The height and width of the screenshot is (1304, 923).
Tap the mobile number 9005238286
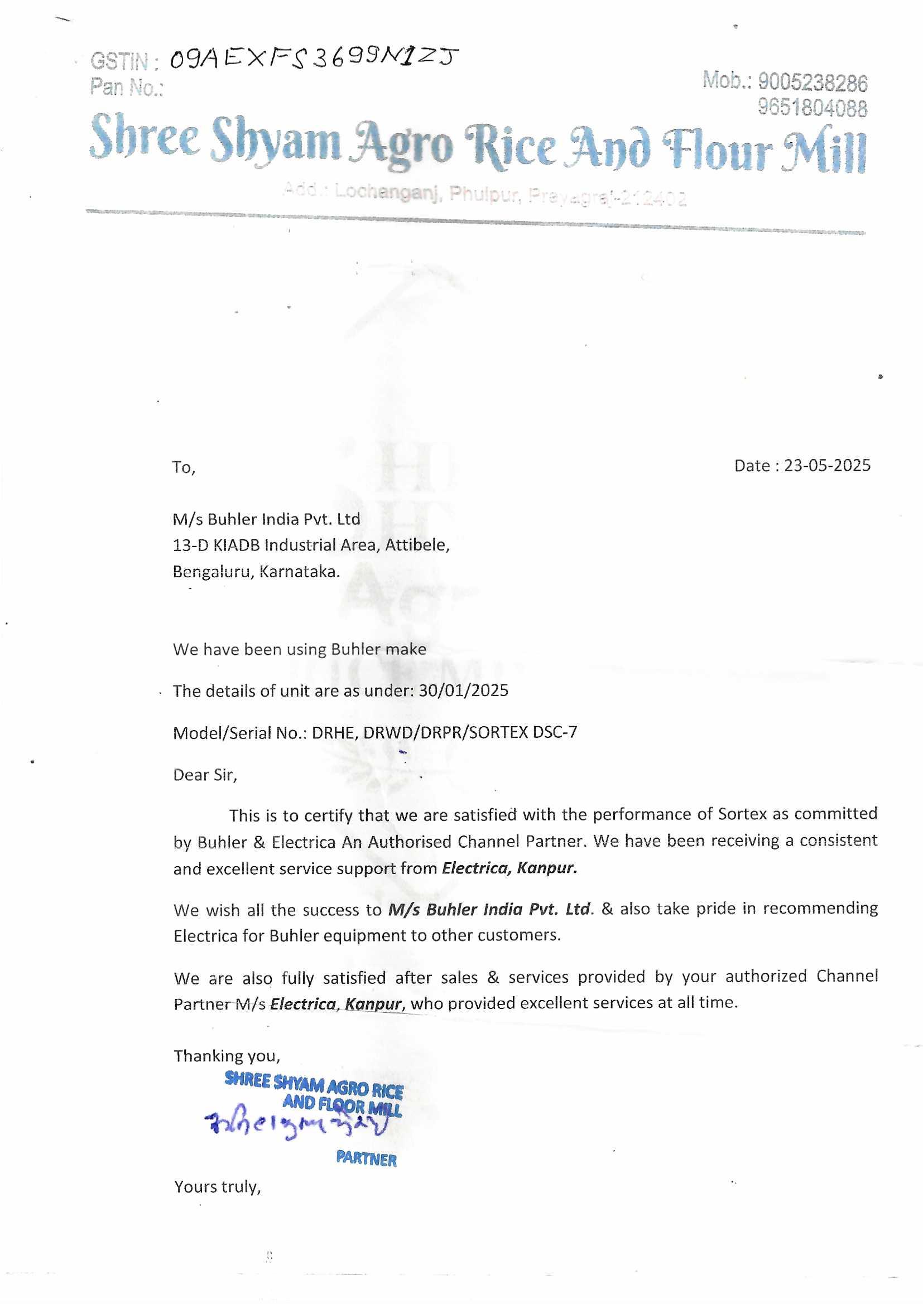coord(812,83)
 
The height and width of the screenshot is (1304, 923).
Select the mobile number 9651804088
coord(812,107)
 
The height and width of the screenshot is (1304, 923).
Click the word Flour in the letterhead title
coord(718,149)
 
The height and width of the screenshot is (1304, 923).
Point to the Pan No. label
coord(127,87)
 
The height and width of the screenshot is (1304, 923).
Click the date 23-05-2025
coord(827,465)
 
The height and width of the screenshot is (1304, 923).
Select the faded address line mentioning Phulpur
coord(484,195)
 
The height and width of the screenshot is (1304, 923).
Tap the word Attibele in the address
coord(417,545)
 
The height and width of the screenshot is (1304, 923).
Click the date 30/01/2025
coord(463,690)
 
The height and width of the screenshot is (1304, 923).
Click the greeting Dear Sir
coord(205,775)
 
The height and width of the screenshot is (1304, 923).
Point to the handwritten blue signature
coord(296,1123)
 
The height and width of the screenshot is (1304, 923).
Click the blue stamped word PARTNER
coord(366,1158)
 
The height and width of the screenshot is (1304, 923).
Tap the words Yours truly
coord(217,1186)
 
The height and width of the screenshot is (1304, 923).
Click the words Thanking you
coord(227,1055)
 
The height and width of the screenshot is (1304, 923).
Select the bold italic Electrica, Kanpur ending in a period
coord(509,868)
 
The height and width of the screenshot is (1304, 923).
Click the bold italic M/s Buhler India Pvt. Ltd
coord(491,909)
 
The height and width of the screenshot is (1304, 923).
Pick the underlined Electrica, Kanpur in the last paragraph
coord(336,1003)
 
